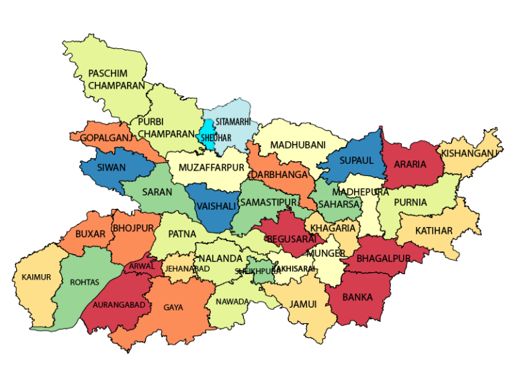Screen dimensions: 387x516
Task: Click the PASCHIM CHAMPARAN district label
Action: tap(116, 79)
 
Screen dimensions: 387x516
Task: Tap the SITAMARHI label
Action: tap(233, 122)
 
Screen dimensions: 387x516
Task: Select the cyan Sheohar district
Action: tap(208, 136)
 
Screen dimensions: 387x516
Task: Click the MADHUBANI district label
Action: tap(298, 145)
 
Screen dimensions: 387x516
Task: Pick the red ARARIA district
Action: tap(410, 164)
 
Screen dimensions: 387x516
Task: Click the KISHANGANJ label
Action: tap(470, 153)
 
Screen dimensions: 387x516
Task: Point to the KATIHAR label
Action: tap(433, 230)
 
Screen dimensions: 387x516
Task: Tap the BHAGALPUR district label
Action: tap(383, 258)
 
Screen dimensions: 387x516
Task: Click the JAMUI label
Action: tap(303, 304)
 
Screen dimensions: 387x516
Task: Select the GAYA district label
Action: tap(173, 308)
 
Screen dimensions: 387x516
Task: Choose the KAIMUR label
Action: tap(36, 277)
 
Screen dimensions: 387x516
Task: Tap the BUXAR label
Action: tap(90, 234)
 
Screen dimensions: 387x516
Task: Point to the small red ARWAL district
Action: tap(142, 266)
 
